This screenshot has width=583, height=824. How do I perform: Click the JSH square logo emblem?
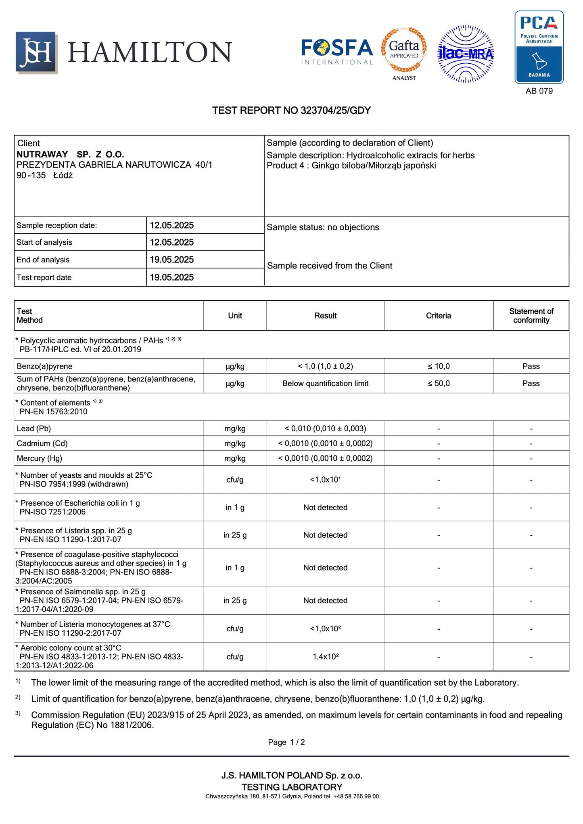coord(36,52)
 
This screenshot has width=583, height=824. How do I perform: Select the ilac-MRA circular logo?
coord(466,54)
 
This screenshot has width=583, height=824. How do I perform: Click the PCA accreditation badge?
coord(539,47)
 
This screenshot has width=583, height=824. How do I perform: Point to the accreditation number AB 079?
coord(539,91)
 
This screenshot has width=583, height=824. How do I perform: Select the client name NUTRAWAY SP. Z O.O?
coord(70,154)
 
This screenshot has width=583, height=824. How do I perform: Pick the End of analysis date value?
coord(172,260)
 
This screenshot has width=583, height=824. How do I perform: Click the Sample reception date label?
coord(57,225)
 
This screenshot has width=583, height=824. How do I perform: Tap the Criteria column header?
coord(439,316)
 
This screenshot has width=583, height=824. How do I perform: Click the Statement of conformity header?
coord(531,316)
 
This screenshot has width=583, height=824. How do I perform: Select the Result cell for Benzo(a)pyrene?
coord(325,366)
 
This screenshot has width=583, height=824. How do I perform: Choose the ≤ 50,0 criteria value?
coord(439,383)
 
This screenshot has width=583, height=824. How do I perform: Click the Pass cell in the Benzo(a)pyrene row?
coord(531,366)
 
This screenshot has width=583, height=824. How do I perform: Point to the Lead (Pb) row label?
coord(34,429)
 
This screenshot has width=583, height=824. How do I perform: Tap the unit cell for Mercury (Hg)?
coord(235,458)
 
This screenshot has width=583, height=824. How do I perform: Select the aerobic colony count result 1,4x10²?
coord(325,657)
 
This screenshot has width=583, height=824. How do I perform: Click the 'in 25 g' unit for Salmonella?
coord(235,601)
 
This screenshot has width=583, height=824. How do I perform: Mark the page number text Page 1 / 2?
coord(286,742)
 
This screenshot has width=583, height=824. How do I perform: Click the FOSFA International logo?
coord(337,52)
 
